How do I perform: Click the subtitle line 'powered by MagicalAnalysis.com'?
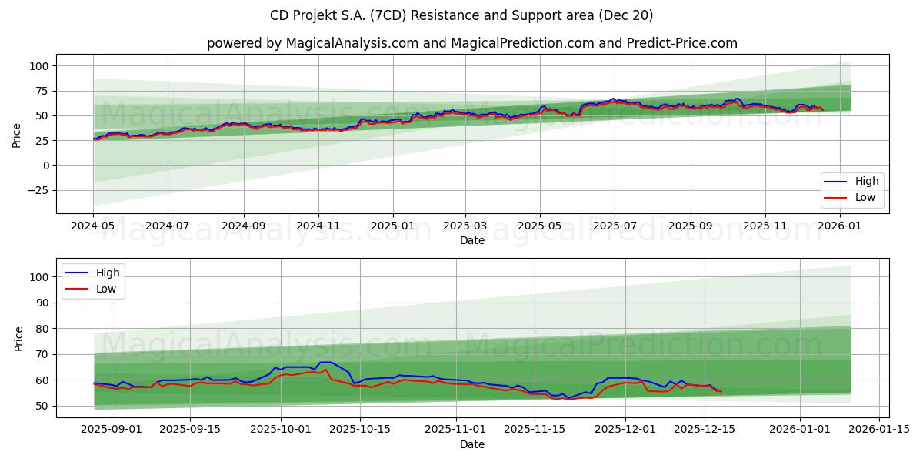point(472,43)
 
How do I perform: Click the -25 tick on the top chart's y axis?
point(38,190)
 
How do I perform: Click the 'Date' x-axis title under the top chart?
point(472,240)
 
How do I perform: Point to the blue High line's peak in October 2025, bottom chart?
point(325,362)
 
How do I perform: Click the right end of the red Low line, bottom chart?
point(721,391)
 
